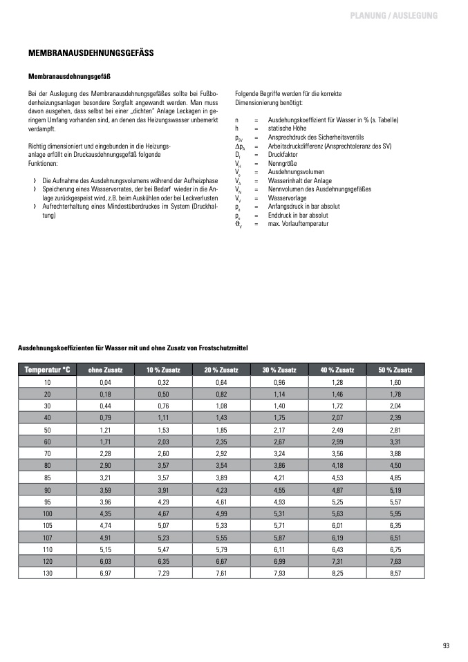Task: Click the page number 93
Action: [x=446, y=645]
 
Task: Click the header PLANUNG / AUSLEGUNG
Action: [x=394, y=15]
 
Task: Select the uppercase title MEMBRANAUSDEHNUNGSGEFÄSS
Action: [x=91, y=53]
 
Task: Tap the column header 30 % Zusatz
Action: [x=279, y=370]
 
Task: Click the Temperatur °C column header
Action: [x=48, y=370]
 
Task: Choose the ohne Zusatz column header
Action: [x=106, y=370]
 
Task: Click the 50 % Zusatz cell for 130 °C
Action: [x=395, y=572]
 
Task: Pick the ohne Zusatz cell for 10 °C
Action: [x=106, y=382]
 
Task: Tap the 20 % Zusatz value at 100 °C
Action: [x=221, y=513]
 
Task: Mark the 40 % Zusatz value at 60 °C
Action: [x=337, y=442]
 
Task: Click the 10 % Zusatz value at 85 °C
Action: [x=164, y=477]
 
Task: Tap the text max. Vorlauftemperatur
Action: [x=298, y=224]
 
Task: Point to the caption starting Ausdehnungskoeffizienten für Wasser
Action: [x=132, y=347]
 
